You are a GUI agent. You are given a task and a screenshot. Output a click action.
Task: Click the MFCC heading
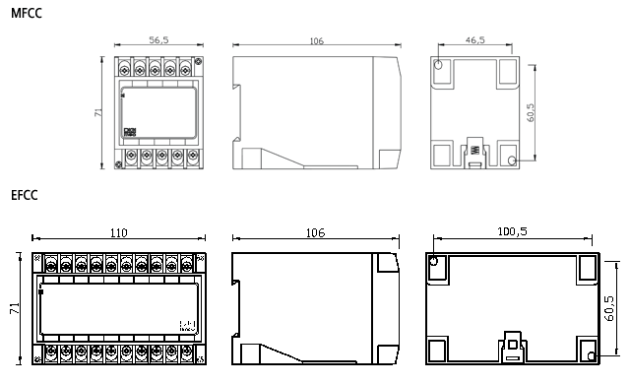[x=27, y=13]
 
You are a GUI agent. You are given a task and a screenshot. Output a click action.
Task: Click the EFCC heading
[x=24, y=195]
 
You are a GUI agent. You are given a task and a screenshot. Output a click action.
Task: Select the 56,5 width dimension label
[x=159, y=39]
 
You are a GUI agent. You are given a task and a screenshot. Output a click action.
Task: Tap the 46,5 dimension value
[x=475, y=39]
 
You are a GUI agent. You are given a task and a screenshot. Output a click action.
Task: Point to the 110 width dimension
[x=118, y=233]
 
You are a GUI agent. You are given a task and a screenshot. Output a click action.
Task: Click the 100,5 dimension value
[x=512, y=231]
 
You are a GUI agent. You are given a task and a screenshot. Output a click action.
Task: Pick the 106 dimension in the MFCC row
[x=317, y=41]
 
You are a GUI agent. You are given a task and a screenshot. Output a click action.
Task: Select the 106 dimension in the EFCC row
[x=315, y=233]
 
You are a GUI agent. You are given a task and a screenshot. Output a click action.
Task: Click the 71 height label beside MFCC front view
[x=98, y=112]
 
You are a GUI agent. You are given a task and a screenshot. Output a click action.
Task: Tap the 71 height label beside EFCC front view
[x=15, y=308]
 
